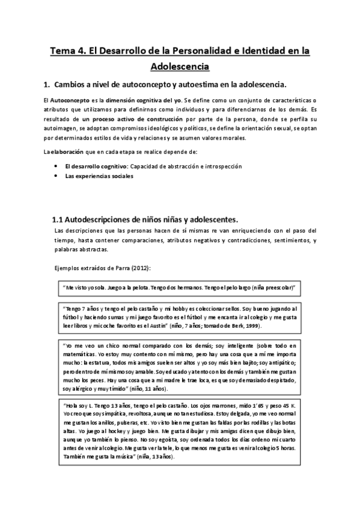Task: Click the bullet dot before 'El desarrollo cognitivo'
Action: tap(56, 165)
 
